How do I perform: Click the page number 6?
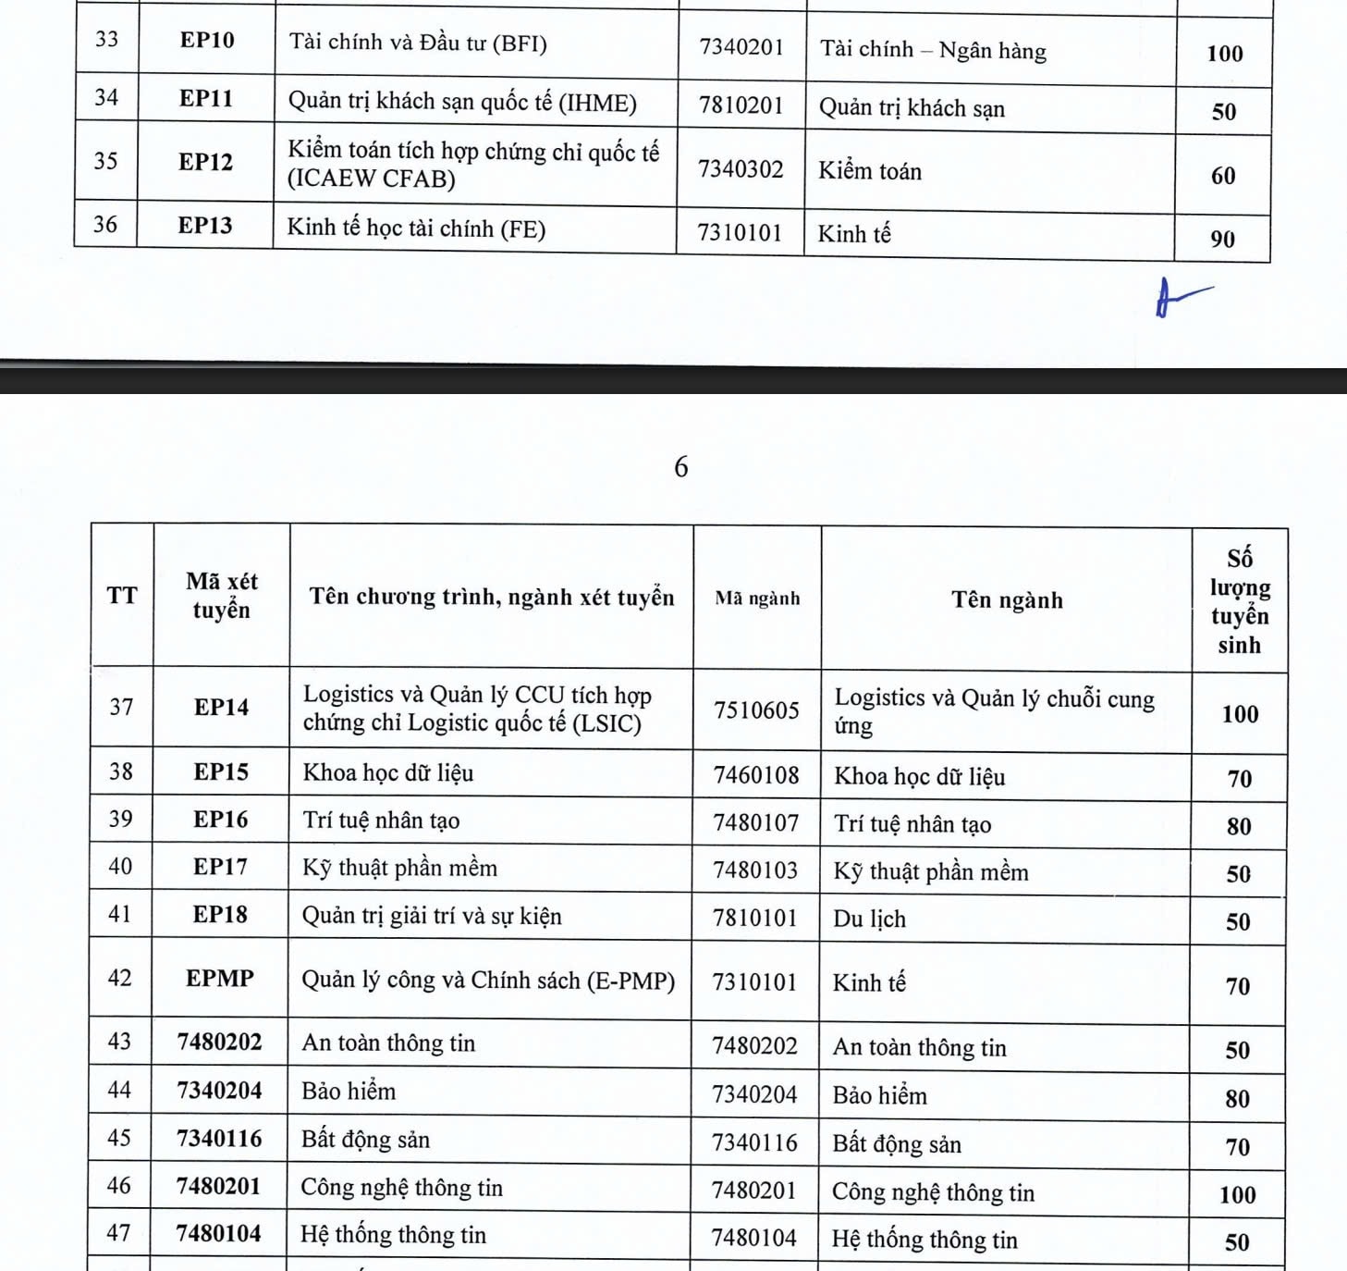pyautogui.click(x=681, y=466)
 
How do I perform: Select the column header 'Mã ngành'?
pyautogui.click(x=757, y=598)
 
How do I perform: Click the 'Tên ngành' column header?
pyautogui.click(x=1007, y=600)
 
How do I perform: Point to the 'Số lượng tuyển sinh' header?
pyautogui.click(x=1239, y=601)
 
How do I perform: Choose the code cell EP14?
pyautogui.click(x=221, y=708)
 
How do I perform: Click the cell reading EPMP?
pyautogui.click(x=219, y=979)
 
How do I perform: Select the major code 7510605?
pyautogui.click(x=756, y=710)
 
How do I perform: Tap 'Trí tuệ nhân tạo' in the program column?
pyautogui.click(x=381, y=821)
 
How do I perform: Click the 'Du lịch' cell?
pyautogui.click(x=869, y=919)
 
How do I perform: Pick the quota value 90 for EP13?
pyautogui.click(x=1222, y=240)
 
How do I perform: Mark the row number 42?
pyautogui.click(x=120, y=978)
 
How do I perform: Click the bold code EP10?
pyautogui.click(x=207, y=41)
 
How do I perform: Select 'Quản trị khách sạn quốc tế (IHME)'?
pyautogui.click(x=462, y=102)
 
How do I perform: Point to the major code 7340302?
pyautogui.click(x=741, y=169)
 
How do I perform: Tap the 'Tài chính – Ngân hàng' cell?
pyautogui.click(x=933, y=50)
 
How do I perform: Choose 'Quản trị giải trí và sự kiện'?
pyautogui.click(x=432, y=916)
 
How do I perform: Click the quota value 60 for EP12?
pyautogui.click(x=1223, y=176)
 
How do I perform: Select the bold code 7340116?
pyautogui.click(x=219, y=1139)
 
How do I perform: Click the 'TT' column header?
pyautogui.click(x=122, y=596)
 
